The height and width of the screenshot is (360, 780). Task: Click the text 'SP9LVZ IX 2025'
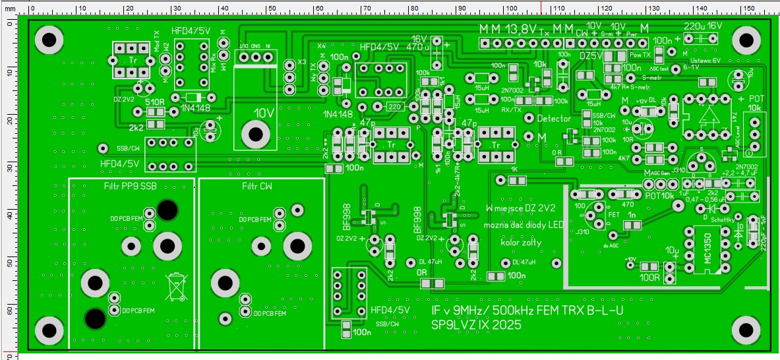click(x=475, y=325)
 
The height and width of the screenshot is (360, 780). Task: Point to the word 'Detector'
click(x=555, y=118)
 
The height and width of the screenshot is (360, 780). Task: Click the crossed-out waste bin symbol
click(x=175, y=285)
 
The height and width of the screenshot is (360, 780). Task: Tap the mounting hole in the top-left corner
click(x=48, y=41)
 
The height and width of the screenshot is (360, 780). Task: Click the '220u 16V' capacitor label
click(x=704, y=25)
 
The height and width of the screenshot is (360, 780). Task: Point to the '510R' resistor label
click(x=155, y=102)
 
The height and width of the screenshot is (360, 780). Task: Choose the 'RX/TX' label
click(x=512, y=109)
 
